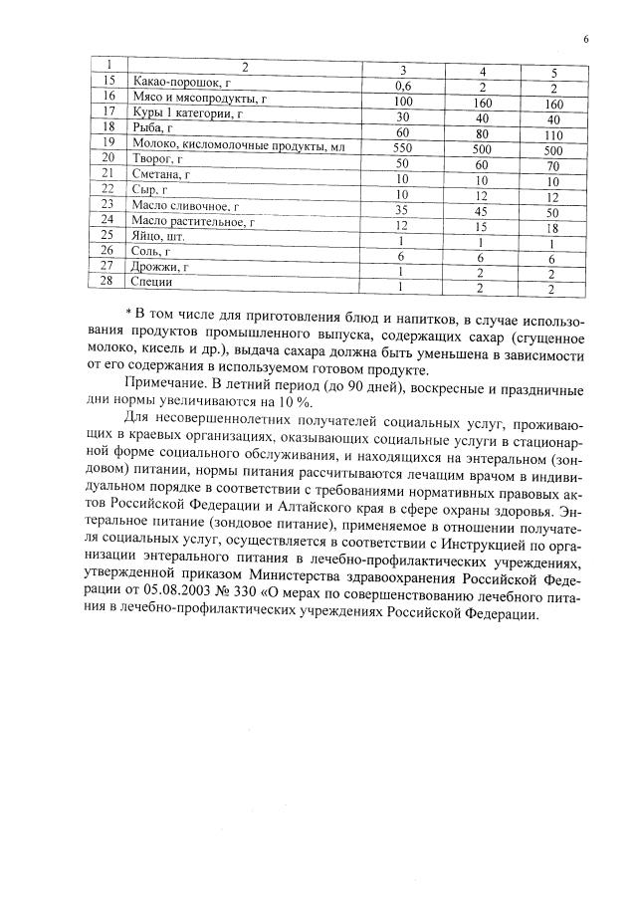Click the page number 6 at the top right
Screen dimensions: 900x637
(586, 39)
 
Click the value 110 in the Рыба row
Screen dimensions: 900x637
(554, 133)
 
